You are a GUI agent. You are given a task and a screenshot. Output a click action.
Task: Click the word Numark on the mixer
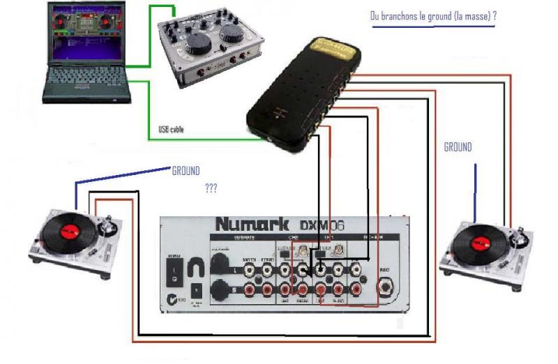(x=253, y=225)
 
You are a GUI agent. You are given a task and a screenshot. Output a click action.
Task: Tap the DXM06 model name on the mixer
(x=322, y=225)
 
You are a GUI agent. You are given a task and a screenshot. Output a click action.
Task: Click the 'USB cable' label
(x=172, y=130)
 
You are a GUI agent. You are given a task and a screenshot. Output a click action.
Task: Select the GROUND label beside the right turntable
(x=458, y=147)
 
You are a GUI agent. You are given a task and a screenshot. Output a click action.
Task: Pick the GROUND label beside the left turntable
(x=186, y=170)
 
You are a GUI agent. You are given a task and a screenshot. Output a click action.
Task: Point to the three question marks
(x=211, y=188)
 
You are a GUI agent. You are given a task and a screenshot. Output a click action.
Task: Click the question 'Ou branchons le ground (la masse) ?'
(x=432, y=17)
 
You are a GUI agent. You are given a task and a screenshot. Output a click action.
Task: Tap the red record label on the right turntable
(x=481, y=241)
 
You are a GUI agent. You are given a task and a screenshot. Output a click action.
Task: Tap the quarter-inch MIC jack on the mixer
(x=385, y=286)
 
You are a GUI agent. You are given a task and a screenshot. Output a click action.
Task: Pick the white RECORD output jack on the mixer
(x=267, y=267)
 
